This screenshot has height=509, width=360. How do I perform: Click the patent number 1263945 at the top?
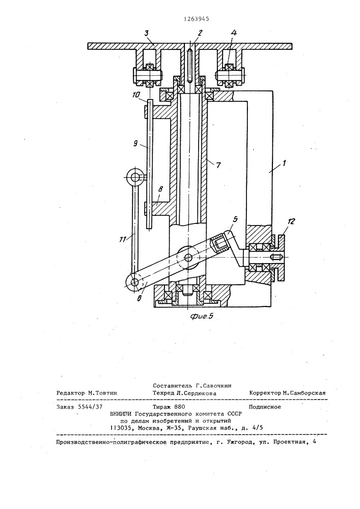[196, 19]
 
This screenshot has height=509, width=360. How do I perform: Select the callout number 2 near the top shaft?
[200, 33]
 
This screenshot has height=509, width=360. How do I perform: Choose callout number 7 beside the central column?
[218, 165]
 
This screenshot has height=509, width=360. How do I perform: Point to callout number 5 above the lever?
[236, 219]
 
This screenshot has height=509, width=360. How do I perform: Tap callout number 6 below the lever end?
[139, 298]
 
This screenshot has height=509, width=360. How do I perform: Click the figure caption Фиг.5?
[202, 316]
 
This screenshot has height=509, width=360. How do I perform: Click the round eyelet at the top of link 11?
[134, 177]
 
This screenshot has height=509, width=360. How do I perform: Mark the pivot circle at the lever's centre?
[188, 258]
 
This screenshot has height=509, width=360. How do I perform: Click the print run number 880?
[180, 407]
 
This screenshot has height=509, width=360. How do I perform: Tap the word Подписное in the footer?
[265, 407]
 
